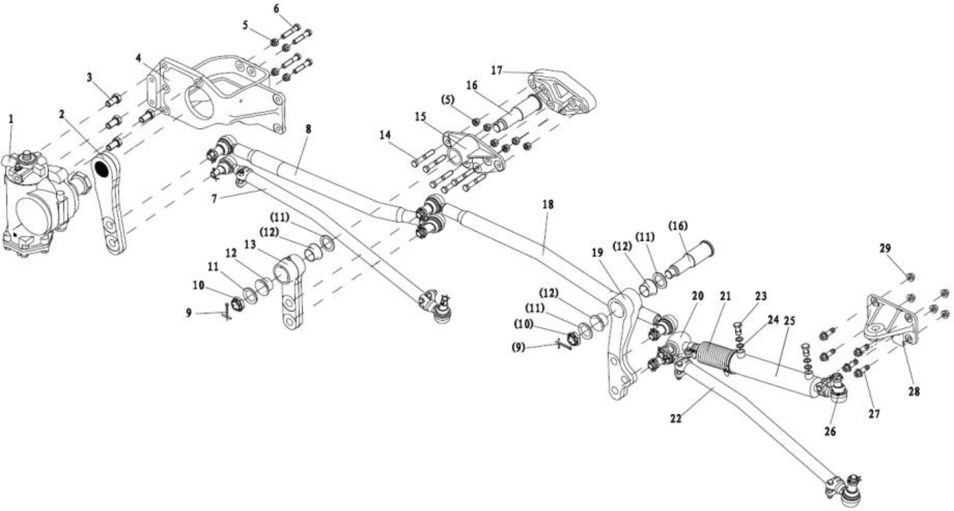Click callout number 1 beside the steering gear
(11, 119)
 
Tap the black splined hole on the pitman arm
(100, 167)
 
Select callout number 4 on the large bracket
(139, 57)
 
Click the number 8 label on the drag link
(309, 129)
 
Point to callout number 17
(496, 71)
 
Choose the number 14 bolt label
(386, 134)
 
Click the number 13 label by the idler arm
(250, 245)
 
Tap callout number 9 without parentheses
(189, 313)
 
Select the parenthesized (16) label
(678, 226)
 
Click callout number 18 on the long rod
(547, 204)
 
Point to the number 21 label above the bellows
(725, 296)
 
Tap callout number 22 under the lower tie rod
(676, 419)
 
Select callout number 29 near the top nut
(885, 248)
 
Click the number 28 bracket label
(914, 391)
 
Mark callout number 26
(830, 431)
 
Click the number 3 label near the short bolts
(90, 78)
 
